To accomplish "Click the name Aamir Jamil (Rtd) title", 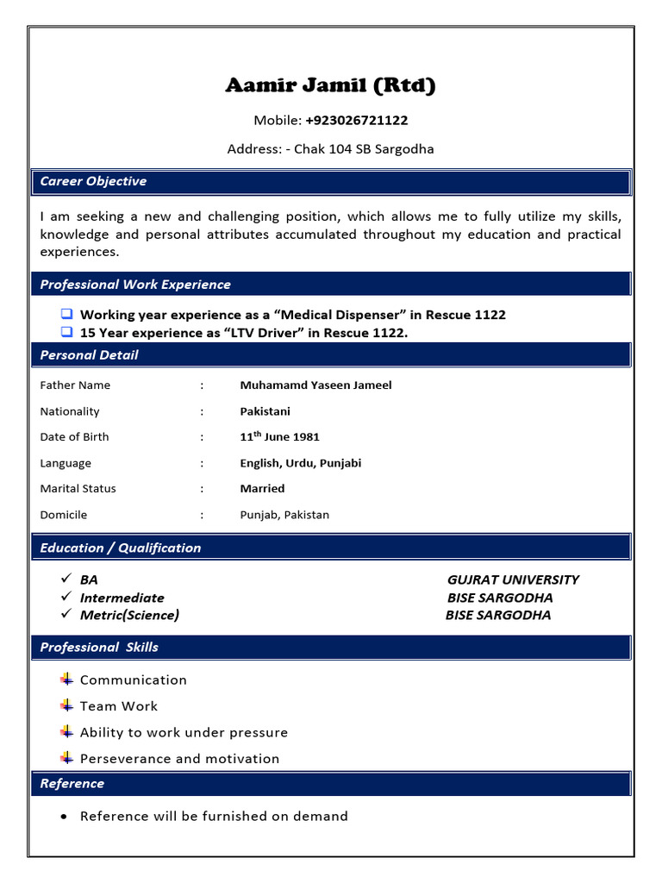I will [330, 85].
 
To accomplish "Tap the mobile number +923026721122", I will [356, 120].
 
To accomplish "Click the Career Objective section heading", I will [93, 181].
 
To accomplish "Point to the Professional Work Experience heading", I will [135, 285].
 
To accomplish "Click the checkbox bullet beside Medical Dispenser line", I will [67, 315].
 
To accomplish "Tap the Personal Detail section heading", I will [89, 355].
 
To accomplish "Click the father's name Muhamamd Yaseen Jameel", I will [315, 385].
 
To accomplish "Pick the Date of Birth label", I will [74, 437].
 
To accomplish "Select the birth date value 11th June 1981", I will [279, 436].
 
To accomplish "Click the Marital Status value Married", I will [262, 489].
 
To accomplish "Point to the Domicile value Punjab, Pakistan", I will [284, 515].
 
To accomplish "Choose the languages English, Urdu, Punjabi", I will [300, 463].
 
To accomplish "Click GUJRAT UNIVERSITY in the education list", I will [513, 580].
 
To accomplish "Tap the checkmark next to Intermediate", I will [66, 598].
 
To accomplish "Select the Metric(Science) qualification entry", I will [129, 616].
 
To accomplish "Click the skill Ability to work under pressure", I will [184, 733].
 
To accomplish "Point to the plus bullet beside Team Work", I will [67, 705].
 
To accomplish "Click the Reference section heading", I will [72, 784].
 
